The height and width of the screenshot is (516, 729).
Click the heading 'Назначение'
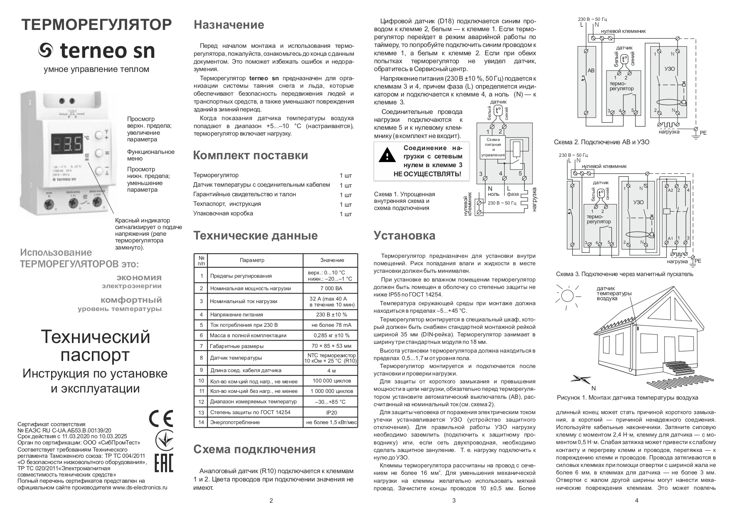click(x=229, y=25)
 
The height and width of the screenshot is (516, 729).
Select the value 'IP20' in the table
click(x=332, y=412)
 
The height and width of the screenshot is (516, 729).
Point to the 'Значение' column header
click(x=332, y=260)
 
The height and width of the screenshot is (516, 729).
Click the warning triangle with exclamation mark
click(x=387, y=155)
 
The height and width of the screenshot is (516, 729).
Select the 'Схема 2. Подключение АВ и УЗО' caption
click(x=601, y=142)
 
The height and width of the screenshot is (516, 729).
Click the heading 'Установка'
click(x=404, y=236)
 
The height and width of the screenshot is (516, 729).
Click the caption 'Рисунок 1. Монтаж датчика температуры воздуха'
click(x=627, y=397)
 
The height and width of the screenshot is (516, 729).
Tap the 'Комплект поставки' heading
click(x=250, y=156)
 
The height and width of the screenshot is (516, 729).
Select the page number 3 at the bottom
click(x=454, y=501)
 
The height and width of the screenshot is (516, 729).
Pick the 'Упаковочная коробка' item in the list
click(x=223, y=213)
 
